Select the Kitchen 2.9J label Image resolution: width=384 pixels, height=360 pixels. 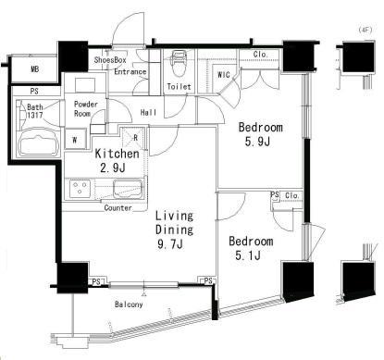(x=117, y=160)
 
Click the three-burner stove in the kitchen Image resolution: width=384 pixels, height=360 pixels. (x=80, y=189)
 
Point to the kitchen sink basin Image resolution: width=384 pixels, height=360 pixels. (x=129, y=189)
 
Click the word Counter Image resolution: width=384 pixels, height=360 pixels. (x=118, y=208)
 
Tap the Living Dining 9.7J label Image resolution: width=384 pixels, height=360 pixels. (x=174, y=230)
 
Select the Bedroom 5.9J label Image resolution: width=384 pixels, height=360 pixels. (x=261, y=134)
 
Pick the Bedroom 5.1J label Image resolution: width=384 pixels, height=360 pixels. (x=251, y=248)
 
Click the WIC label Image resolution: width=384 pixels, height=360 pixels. (x=224, y=75)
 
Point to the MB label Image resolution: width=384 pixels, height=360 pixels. (x=35, y=69)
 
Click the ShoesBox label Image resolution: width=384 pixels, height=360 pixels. (x=110, y=59)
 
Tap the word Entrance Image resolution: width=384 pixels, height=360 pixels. (x=130, y=71)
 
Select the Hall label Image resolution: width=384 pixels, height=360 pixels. (x=148, y=112)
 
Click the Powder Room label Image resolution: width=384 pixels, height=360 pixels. (x=86, y=109)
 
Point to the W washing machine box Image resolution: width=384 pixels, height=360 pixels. (x=74, y=140)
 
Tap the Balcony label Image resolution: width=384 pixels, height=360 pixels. (x=129, y=304)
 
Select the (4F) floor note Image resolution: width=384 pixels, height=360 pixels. (x=365, y=30)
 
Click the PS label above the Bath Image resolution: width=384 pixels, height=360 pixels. (x=34, y=92)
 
